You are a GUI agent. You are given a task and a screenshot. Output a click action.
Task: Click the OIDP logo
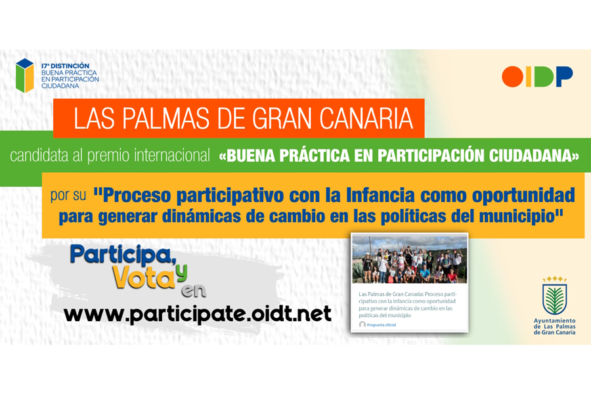pos(537,77)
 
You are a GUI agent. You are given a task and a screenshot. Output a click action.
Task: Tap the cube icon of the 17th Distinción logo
pos(25,76)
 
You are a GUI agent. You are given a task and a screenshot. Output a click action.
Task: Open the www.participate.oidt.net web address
pos(198,314)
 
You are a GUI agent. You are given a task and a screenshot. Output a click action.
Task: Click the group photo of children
pos(409,259)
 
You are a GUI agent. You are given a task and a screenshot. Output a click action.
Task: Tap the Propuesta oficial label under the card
pos(381,324)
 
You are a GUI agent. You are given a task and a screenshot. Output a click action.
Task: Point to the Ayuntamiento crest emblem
pos(554,295)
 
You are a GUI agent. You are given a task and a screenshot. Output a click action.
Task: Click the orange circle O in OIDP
pos(512,77)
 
